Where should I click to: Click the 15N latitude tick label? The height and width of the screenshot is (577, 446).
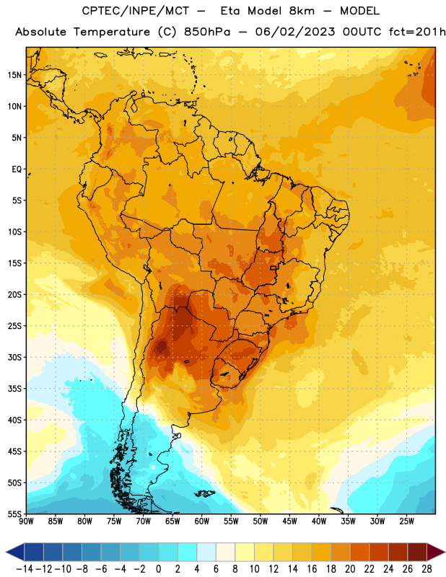14,75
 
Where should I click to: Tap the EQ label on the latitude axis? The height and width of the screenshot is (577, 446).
17,169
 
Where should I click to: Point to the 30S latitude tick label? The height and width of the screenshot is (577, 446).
14,358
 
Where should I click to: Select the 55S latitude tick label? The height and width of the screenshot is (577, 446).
14,514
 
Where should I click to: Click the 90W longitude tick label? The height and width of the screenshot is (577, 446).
26,521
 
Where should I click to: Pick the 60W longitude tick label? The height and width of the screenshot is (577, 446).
202,521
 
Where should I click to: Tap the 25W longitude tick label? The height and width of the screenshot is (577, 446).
407,521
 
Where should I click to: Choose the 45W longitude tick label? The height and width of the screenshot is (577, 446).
290,521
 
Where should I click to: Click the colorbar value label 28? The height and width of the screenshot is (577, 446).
427,569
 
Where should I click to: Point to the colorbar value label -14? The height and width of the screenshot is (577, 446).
25,569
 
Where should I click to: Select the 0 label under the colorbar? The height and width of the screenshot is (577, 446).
158,569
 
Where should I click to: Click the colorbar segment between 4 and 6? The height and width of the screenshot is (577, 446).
206,552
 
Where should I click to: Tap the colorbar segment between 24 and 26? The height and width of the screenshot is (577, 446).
398,552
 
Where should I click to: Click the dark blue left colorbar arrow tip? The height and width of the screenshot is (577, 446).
6,552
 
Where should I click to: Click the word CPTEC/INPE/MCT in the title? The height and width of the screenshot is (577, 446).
136,11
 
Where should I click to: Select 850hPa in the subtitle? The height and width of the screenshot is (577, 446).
207,32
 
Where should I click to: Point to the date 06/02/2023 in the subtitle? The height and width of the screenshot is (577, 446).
295,32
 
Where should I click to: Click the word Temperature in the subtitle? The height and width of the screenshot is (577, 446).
112,32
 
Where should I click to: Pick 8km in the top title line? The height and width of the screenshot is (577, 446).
302,11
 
